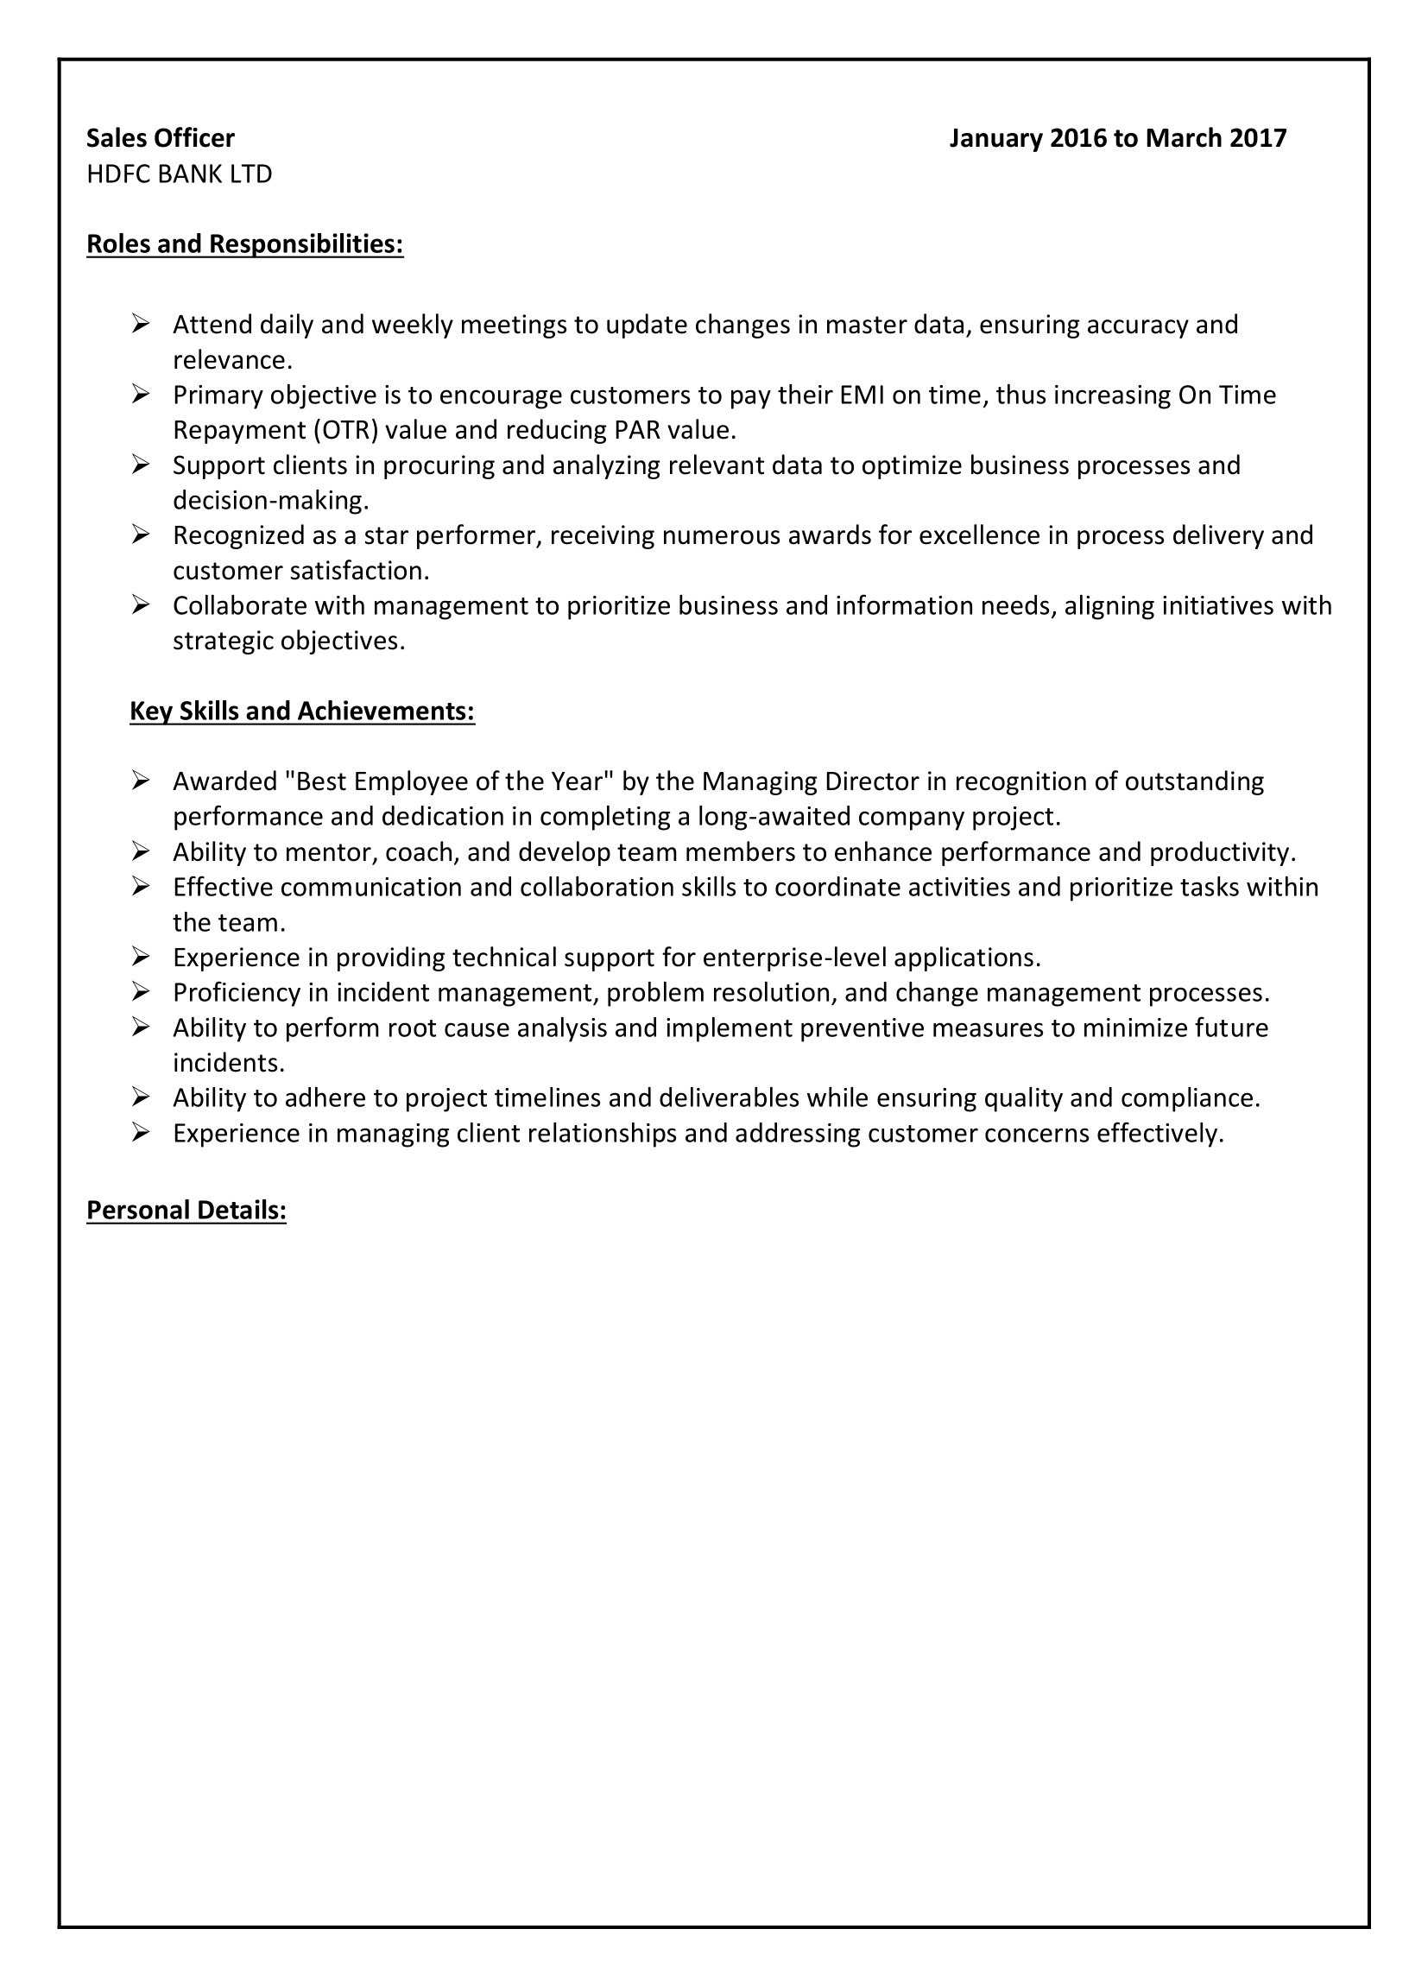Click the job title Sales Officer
(161, 138)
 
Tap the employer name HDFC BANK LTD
(180, 174)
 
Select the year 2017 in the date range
(1257, 138)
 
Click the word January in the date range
(995, 138)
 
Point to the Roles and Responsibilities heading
(245, 244)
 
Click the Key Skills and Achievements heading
(302, 711)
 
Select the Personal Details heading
(186, 1210)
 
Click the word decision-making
(269, 501)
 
